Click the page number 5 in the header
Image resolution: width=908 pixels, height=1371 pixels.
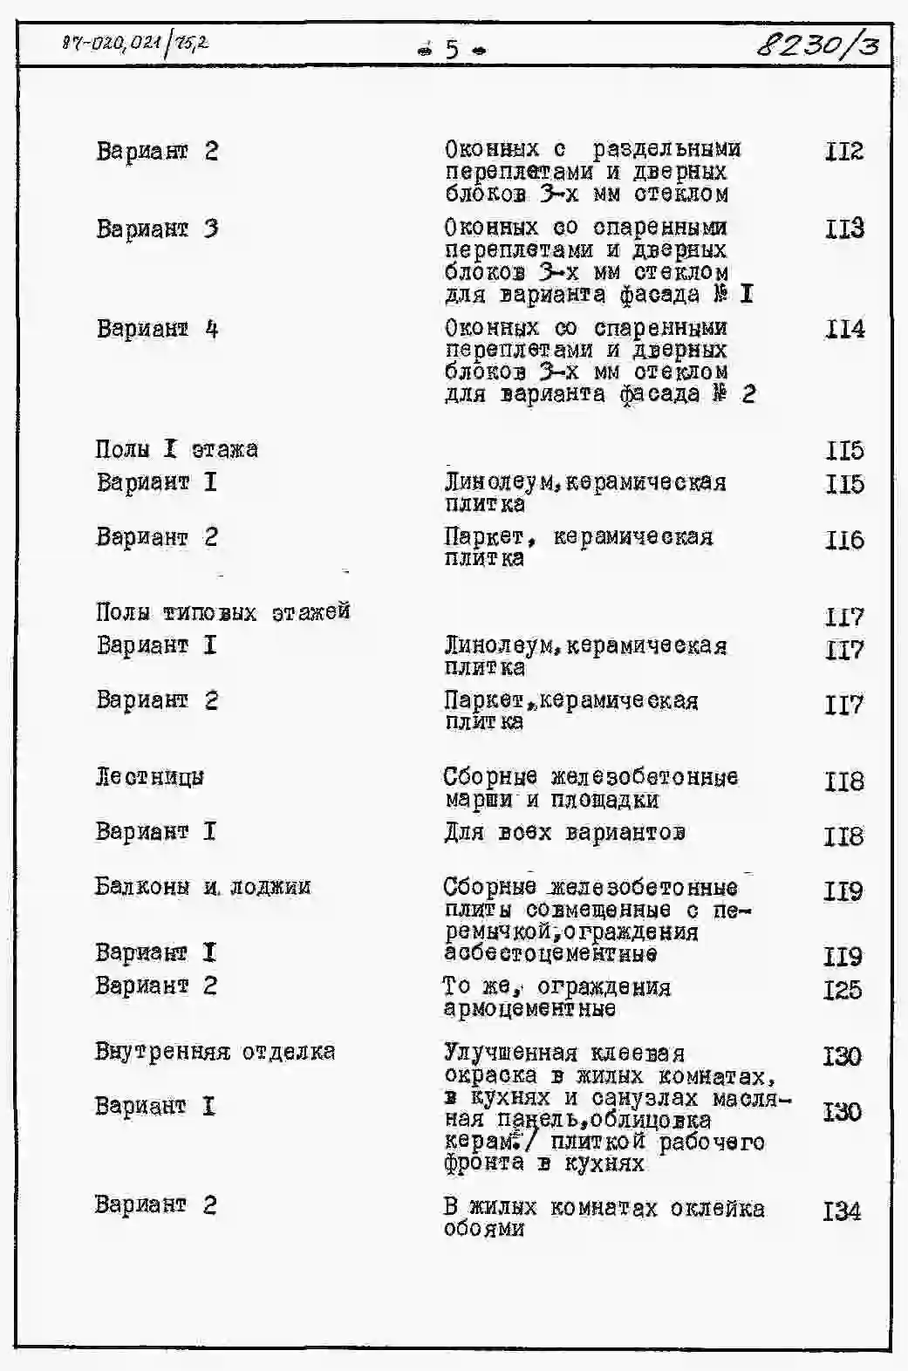452,49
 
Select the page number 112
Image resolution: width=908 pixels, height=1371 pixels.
843,152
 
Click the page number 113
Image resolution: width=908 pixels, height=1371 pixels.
843,228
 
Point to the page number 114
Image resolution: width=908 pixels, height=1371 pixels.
843,329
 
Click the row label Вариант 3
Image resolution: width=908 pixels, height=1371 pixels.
157,229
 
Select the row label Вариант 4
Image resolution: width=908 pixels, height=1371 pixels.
157,329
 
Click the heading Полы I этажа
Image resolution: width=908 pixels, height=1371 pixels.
176,449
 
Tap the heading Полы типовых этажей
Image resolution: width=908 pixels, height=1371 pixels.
222,611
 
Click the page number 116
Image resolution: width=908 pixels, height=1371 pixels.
843,540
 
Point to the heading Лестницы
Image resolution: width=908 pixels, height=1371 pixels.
149,776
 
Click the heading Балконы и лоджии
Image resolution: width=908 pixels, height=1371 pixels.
202,887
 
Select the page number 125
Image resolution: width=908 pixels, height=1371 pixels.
842,990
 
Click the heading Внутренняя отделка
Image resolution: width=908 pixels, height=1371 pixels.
215,1051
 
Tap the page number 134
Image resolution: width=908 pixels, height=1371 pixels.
842,1211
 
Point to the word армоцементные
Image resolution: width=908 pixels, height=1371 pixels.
529,1009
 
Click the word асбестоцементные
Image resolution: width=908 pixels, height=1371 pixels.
550,954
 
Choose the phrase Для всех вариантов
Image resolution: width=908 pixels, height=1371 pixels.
564,832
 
